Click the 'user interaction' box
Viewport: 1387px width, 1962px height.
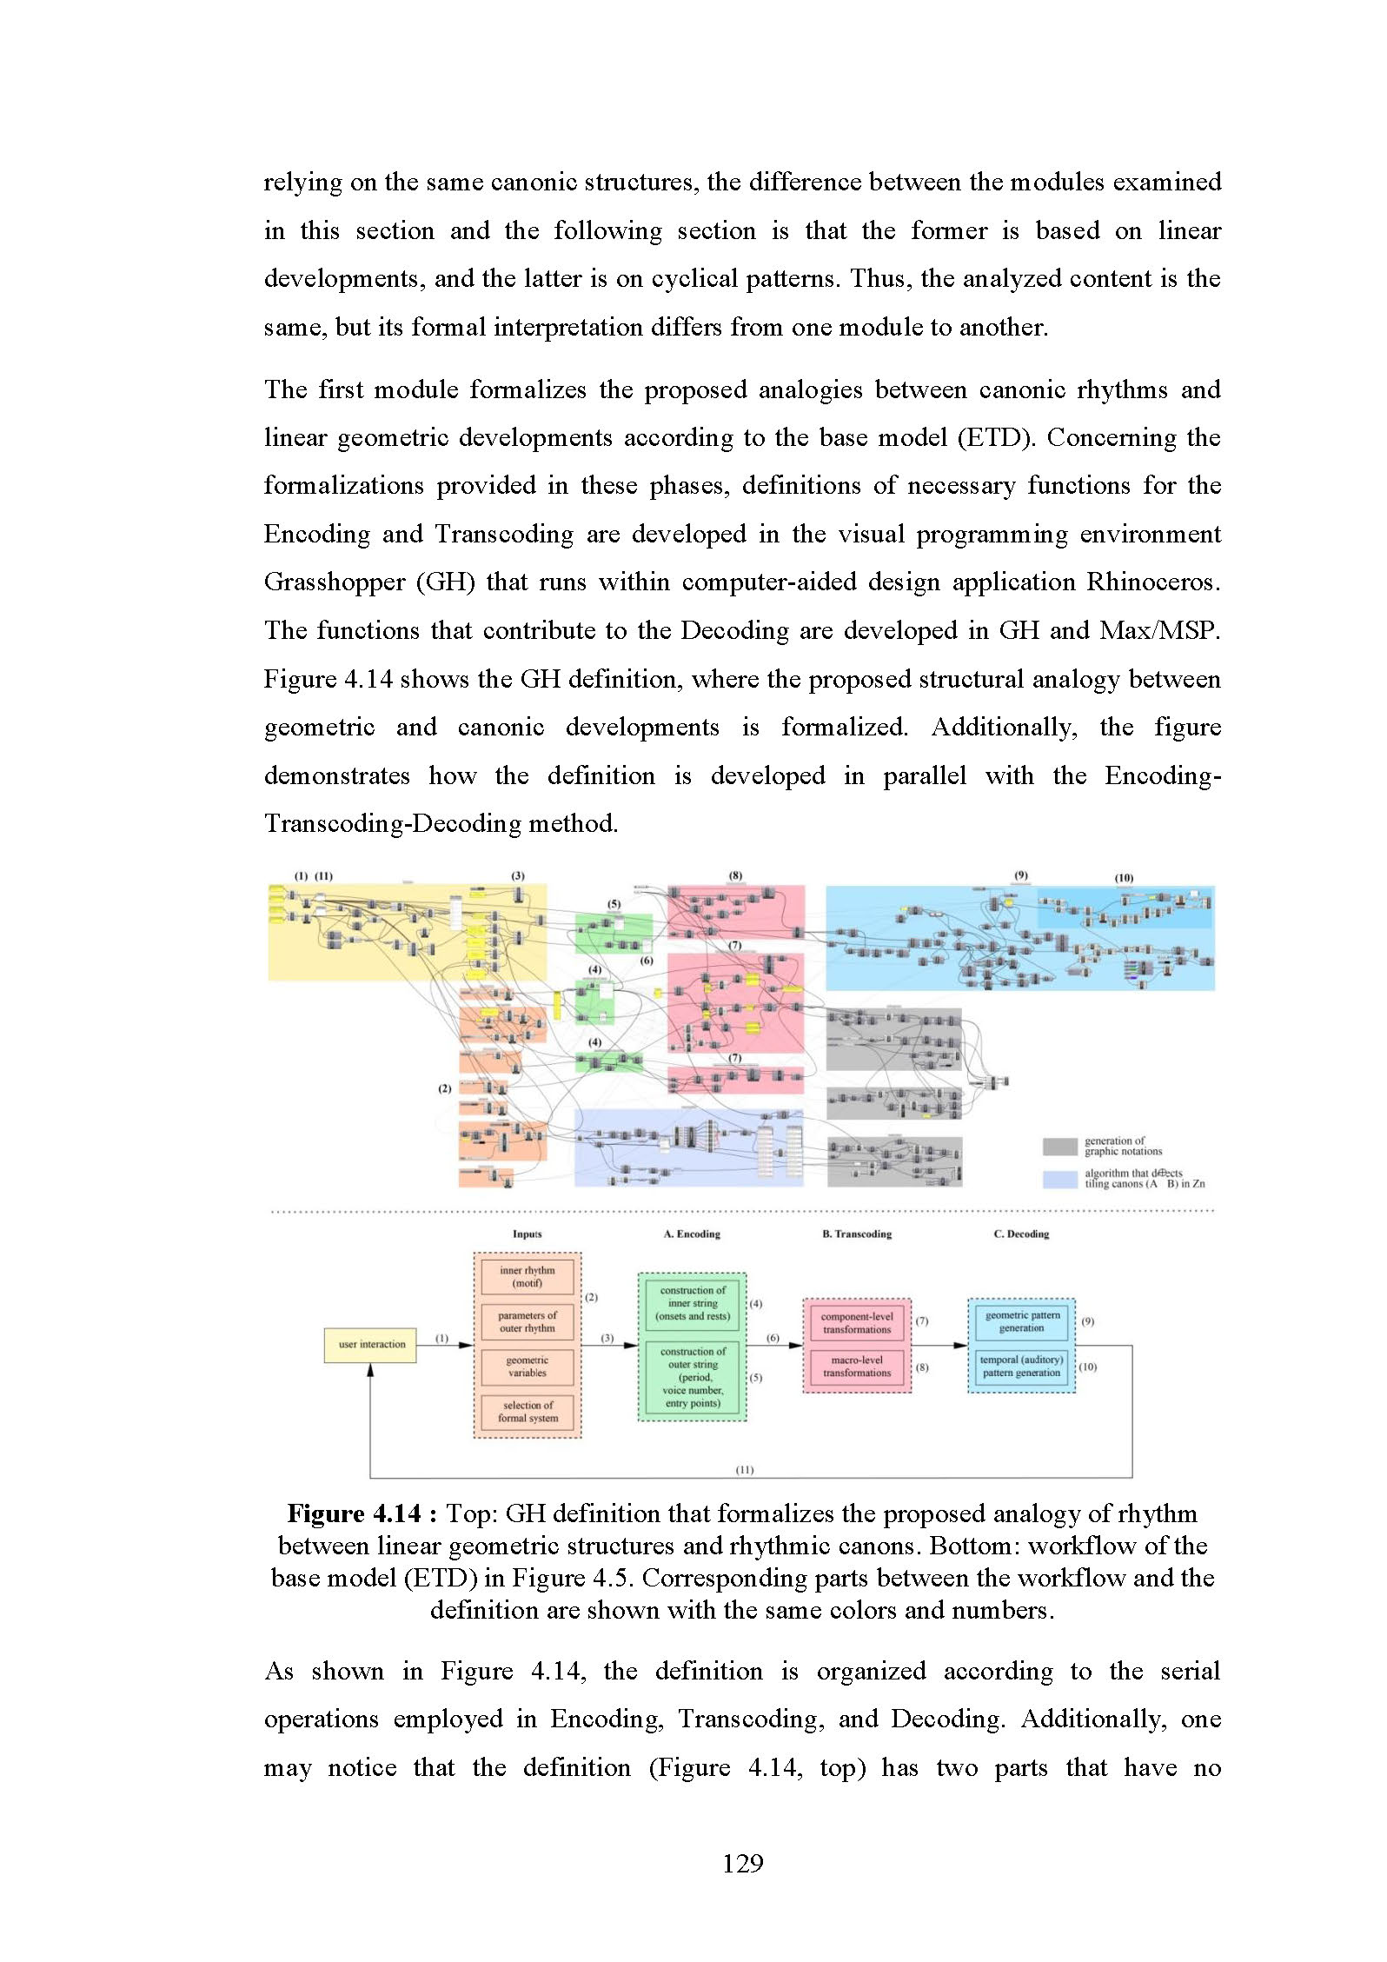[x=371, y=1344]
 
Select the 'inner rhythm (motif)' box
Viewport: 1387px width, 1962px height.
[x=527, y=1276]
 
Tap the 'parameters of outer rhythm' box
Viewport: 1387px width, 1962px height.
[x=527, y=1321]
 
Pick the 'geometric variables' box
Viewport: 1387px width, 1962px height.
[x=527, y=1367]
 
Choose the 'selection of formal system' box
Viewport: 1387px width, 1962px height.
[x=527, y=1411]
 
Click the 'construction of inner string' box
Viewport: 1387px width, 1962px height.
[x=692, y=1303]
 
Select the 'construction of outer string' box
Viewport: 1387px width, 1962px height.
[x=692, y=1377]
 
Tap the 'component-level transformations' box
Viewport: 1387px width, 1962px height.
[x=856, y=1322]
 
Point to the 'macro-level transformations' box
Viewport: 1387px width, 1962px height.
[x=856, y=1367]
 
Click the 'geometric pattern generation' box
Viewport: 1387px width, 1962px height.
[x=1021, y=1321]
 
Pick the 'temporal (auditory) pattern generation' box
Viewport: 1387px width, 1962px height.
[x=1021, y=1366]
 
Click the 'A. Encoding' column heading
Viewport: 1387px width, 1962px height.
[x=692, y=1234]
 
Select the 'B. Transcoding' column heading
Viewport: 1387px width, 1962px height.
[x=856, y=1234]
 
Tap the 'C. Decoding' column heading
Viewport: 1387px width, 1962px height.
[x=1021, y=1234]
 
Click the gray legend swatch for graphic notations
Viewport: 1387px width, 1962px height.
[x=1059, y=1147]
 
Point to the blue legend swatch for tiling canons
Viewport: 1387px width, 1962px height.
[x=1059, y=1179]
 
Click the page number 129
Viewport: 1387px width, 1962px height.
[x=742, y=1863]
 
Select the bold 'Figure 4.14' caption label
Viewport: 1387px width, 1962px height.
[x=354, y=1514]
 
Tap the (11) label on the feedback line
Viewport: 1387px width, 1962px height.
[x=745, y=1470]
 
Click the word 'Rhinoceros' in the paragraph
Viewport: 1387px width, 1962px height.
[x=1152, y=582]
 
